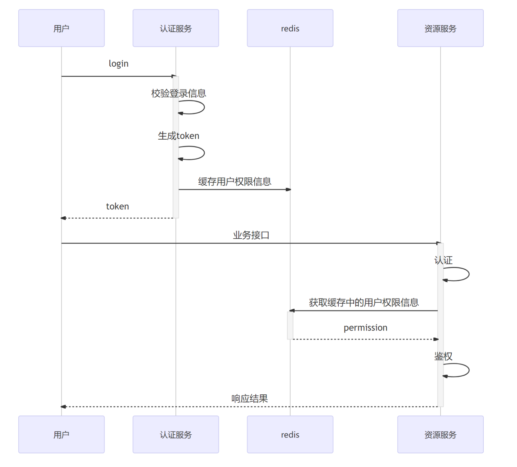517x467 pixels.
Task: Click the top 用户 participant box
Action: pyautogui.click(x=61, y=28)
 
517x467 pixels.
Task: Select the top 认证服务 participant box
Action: pyautogui.click(x=176, y=28)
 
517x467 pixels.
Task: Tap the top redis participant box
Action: pyautogui.click(x=290, y=28)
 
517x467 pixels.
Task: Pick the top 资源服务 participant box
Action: pyautogui.click(x=440, y=28)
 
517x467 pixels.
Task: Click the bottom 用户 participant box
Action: pyautogui.click(x=61, y=434)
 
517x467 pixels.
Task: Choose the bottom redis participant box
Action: pyautogui.click(x=290, y=434)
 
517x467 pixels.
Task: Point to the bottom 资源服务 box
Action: pyautogui.click(x=440, y=434)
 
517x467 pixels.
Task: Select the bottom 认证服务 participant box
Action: pyautogui.click(x=176, y=434)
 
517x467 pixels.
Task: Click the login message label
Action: pyautogui.click(x=119, y=64)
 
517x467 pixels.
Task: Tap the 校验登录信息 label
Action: pyautogui.click(x=178, y=93)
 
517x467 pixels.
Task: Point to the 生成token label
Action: pyautogui.click(x=178, y=136)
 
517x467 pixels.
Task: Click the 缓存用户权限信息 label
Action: pyautogui.click(x=234, y=182)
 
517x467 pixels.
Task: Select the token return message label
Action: pyautogui.click(x=118, y=206)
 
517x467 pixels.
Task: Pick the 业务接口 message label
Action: pyautogui.click(x=251, y=235)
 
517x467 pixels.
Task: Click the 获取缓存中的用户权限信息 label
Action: pyautogui.click(x=364, y=303)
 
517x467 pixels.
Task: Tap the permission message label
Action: pyautogui.click(x=365, y=328)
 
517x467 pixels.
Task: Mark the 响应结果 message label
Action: pyautogui.click(x=250, y=399)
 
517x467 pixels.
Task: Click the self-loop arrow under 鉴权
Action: pyautogui.click(x=459, y=370)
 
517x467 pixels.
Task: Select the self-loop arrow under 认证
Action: pyautogui.click(x=459, y=274)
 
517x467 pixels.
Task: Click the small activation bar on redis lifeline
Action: pyautogui.click(x=290, y=325)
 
